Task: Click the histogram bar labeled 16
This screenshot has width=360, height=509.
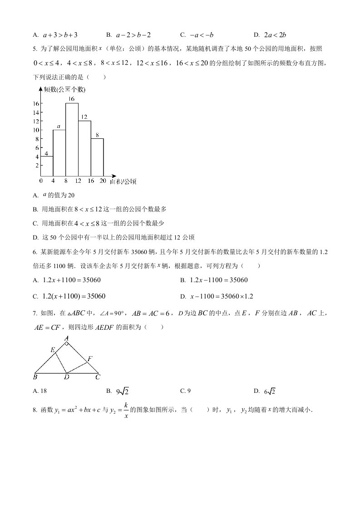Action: point(72,139)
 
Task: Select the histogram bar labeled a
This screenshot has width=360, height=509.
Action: point(59,152)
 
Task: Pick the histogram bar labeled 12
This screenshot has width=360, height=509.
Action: point(84,148)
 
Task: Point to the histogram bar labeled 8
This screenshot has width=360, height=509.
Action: point(97,157)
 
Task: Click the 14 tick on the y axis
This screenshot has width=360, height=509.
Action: point(35,113)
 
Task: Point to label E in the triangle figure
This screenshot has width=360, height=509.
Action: point(52,349)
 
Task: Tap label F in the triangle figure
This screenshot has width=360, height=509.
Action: point(90,358)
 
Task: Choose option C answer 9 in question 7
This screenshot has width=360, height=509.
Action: point(185,391)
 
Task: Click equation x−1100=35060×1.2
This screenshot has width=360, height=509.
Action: point(221,296)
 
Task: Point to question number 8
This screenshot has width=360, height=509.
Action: point(35,411)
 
